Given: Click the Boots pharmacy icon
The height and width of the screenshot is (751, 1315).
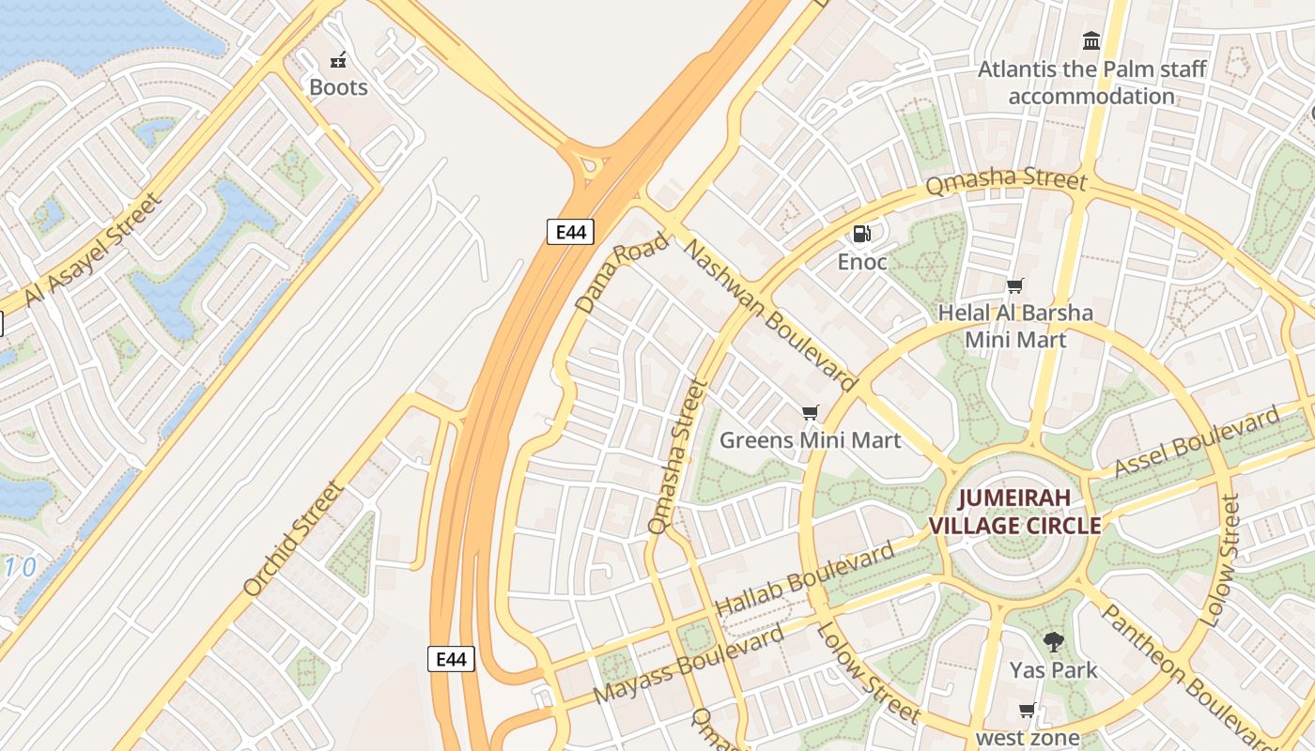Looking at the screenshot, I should click(x=338, y=61).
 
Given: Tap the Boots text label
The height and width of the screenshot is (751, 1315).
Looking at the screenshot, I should click(x=338, y=87).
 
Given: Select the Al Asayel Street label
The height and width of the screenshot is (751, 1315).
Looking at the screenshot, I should click(x=92, y=250).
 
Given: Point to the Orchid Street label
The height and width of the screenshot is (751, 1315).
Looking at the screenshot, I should click(x=293, y=539).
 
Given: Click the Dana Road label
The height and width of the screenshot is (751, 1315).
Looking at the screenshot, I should click(x=621, y=272).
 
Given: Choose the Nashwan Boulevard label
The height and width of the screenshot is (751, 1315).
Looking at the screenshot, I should click(x=769, y=314).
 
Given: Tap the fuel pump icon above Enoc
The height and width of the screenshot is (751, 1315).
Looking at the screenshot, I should click(x=861, y=234).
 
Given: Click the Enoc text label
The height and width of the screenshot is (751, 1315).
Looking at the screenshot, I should click(x=861, y=262).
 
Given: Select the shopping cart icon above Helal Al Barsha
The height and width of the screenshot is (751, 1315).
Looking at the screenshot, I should click(x=1014, y=285).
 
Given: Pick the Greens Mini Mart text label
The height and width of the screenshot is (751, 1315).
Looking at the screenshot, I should click(x=810, y=439).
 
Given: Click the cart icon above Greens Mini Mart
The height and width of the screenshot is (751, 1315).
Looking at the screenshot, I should click(x=810, y=412).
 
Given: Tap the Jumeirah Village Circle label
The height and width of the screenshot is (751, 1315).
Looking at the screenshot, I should click(x=1014, y=512).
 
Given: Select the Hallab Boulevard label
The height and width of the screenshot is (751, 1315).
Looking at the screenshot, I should click(x=805, y=579).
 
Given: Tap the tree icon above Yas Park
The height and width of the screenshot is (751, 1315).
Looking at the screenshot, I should click(x=1053, y=642).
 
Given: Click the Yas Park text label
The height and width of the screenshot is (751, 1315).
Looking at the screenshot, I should click(x=1053, y=670).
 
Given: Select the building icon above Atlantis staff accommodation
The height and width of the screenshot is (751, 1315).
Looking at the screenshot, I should click(x=1091, y=40).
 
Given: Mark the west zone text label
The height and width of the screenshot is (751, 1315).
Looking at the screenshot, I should click(x=1028, y=738).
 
